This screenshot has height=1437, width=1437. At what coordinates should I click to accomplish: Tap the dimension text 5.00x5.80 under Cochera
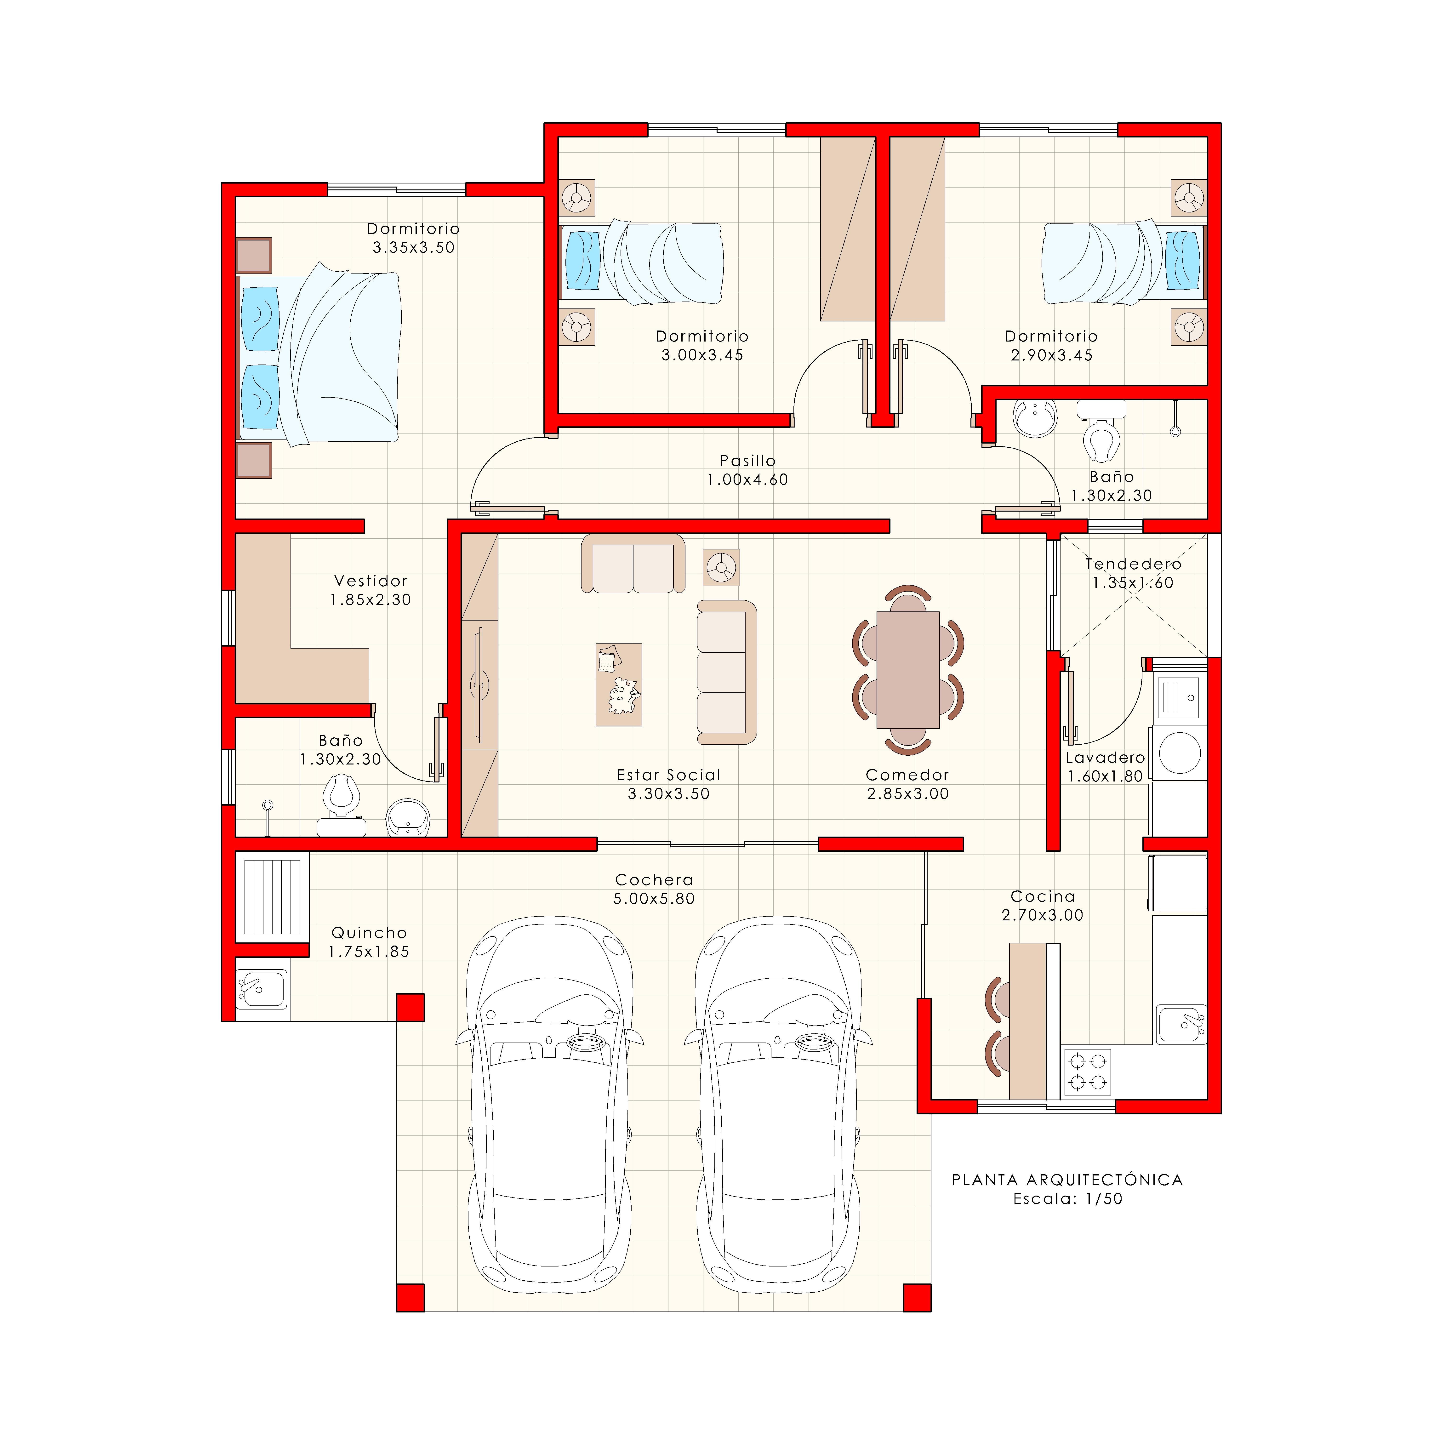click(x=654, y=899)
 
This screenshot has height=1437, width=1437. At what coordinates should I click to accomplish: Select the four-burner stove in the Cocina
click(x=1087, y=1072)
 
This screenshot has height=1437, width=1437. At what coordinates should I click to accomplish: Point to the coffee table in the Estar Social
click(x=618, y=684)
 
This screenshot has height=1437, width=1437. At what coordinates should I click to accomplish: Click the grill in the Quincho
click(x=272, y=897)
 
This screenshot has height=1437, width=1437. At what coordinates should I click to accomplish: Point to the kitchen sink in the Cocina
click(x=1181, y=1024)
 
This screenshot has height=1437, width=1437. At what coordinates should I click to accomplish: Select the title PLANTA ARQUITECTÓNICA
click(x=1067, y=1180)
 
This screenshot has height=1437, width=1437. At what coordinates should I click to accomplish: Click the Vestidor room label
click(x=371, y=581)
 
